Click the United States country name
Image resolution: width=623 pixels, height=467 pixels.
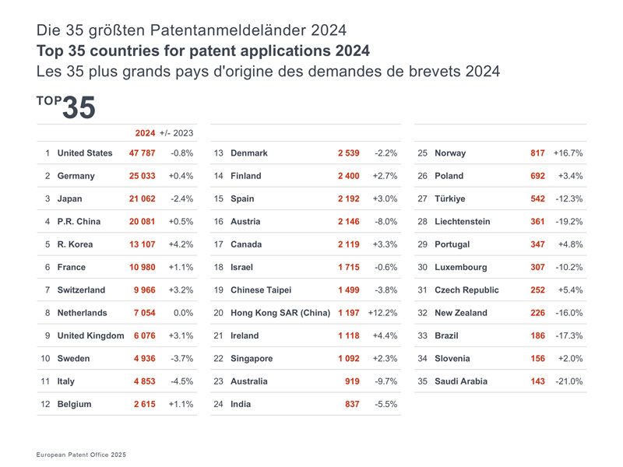pos(85,153)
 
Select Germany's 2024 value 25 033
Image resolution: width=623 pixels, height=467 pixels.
pos(142,176)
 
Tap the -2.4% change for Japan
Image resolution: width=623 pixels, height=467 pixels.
pos(181,198)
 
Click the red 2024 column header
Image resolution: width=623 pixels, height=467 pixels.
pos(145,133)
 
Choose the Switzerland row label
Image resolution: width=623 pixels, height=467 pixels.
pos(81,290)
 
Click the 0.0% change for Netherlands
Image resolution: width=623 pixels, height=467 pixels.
pos(184,313)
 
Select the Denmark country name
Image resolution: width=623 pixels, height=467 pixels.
pos(249,153)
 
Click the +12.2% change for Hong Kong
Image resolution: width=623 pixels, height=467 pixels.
pos(382,313)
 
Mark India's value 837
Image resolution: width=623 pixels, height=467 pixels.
pos(352,404)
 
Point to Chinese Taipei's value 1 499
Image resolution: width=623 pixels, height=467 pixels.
pos(349,290)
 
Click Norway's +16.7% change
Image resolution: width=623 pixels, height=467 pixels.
pos(568,153)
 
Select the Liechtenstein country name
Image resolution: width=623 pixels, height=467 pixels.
pos(463,222)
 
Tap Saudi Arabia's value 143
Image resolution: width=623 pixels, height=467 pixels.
pos(537,381)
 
